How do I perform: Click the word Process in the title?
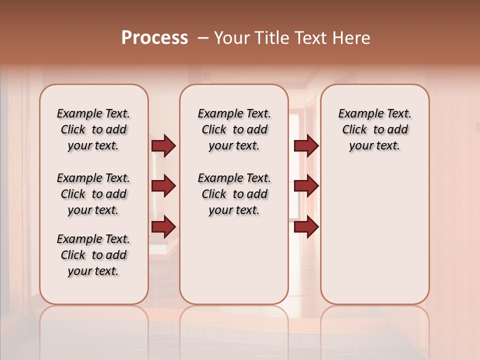click(x=154, y=37)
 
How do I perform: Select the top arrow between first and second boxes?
click(x=163, y=146)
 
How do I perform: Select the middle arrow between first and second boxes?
click(x=163, y=186)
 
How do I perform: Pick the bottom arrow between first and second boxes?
click(x=163, y=227)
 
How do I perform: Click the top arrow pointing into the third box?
click(x=306, y=146)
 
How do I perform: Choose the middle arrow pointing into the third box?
click(x=306, y=186)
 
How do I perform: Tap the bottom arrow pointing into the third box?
click(x=306, y=227)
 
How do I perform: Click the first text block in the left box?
click(x=93, y=129)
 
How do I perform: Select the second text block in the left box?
click(x=93, y=194)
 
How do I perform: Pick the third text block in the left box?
click(x=93, y=255)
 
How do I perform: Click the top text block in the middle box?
click(x=234, y=129)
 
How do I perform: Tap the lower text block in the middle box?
click(x=234, y=194)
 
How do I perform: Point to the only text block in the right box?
click(x=374, y=129)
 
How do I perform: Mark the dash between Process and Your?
click(x=203, y=37)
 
